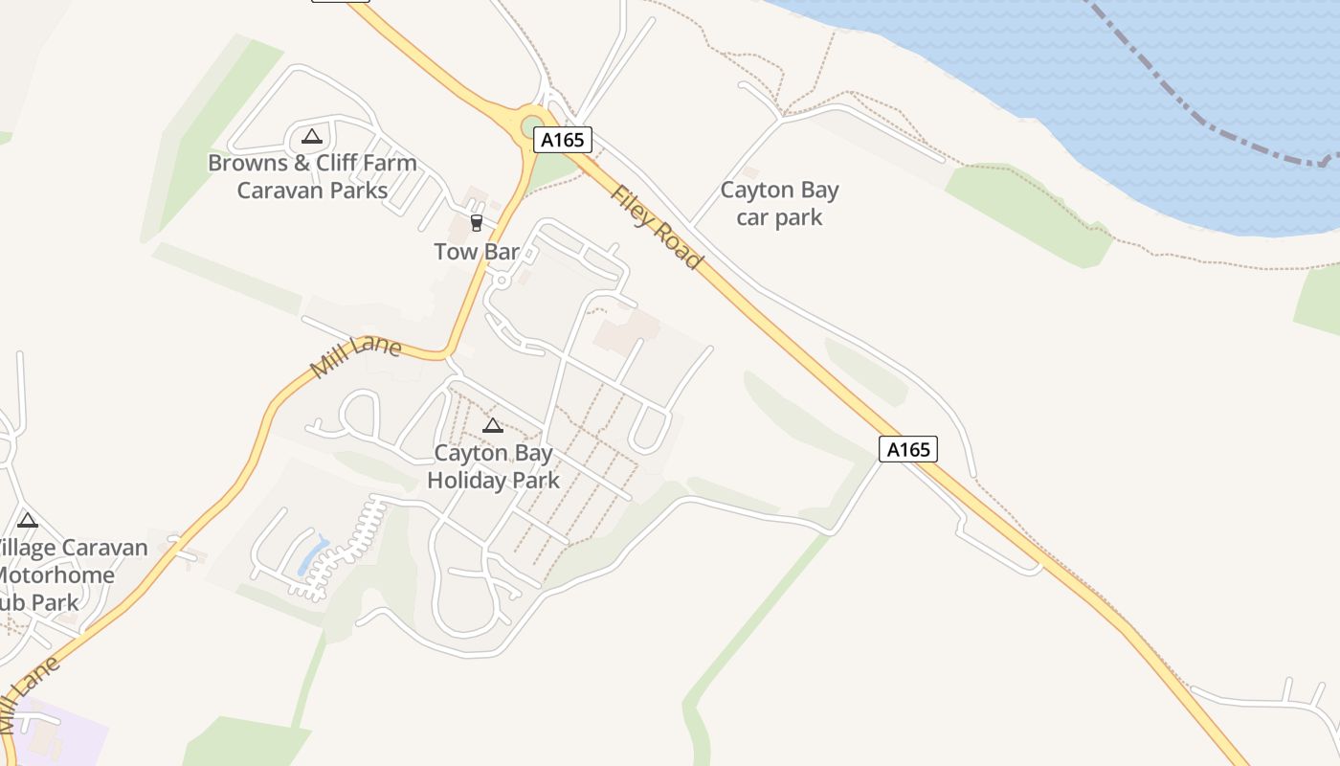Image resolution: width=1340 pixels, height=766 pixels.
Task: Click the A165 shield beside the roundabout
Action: [x=563, y=140]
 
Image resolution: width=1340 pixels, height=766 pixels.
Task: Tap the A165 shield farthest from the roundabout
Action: [x=907, y=449]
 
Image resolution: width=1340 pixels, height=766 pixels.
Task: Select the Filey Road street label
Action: [x=657, y=226]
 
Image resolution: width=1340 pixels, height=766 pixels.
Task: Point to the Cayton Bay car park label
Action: [x=779, y=203]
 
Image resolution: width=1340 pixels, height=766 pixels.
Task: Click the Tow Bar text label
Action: [x=477, y=252]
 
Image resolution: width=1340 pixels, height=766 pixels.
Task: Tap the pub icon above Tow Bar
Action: [x=476, y=223]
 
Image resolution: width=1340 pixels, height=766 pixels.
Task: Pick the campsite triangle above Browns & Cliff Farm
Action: [x=310, y=137]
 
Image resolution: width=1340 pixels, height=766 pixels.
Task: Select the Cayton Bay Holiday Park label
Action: [x=493, y=465]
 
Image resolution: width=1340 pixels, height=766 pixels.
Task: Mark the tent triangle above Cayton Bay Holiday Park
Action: [x=493, y=426]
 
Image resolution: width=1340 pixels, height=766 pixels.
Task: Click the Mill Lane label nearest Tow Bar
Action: [x=355, y=355]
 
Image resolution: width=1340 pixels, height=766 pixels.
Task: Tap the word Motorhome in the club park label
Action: [x=56, y=575]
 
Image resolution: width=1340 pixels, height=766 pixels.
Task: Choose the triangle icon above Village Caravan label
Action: [x=27, y=521]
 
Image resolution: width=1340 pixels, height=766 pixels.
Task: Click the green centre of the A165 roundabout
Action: [x=533, y=127]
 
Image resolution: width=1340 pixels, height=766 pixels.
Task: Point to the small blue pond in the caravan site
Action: [x=313, y=556]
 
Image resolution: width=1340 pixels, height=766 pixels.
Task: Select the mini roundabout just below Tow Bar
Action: [x=501, y=281]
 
